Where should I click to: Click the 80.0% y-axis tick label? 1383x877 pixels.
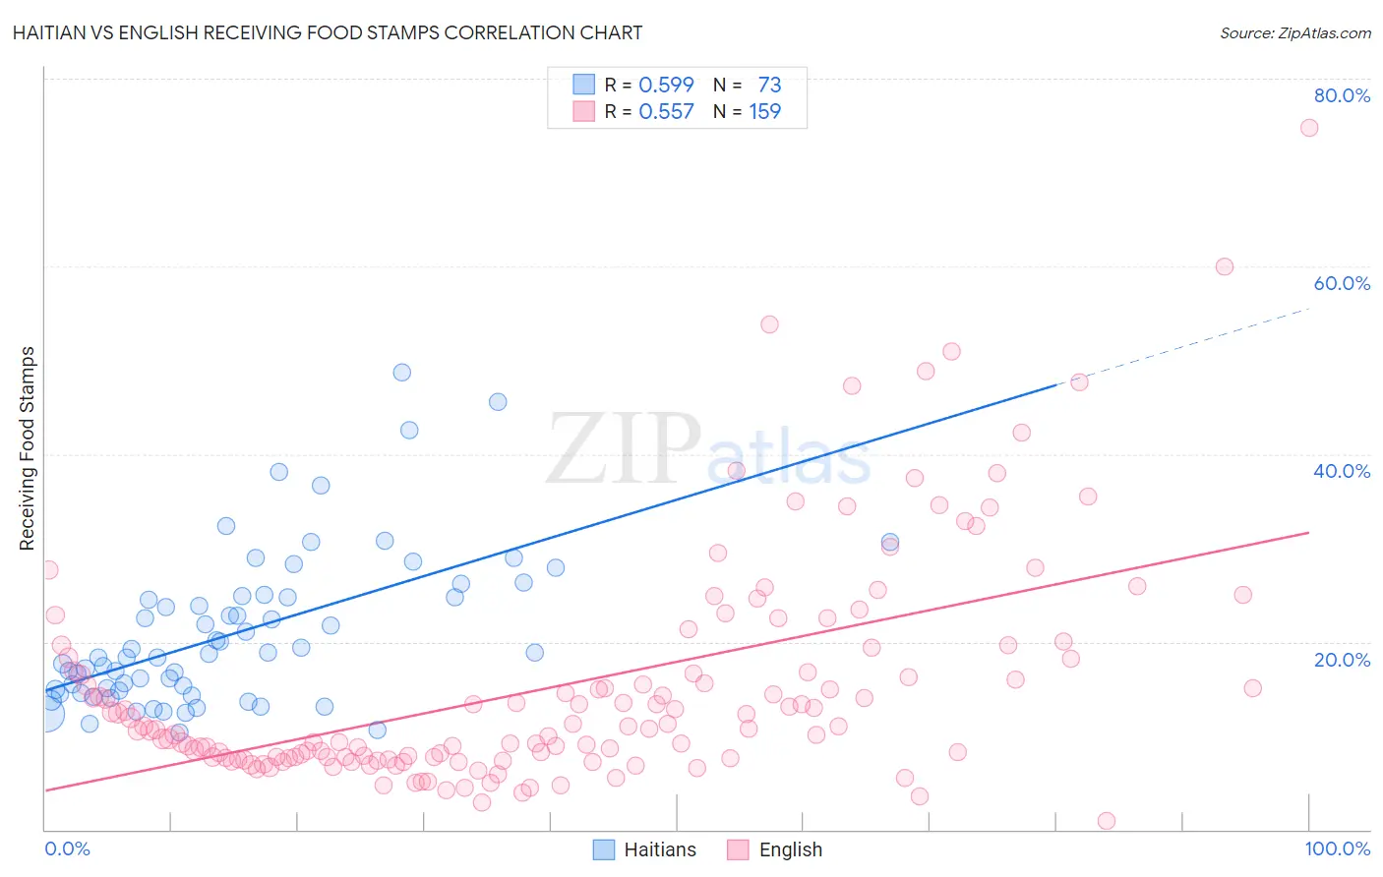tap(1342, 95)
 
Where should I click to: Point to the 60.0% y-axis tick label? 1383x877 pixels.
tap(1342, 283)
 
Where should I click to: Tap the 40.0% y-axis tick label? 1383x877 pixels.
tap(1342, 471)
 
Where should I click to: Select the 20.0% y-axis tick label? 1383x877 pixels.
tap(1342, 660)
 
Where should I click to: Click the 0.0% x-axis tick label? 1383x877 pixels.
tap(67, 848)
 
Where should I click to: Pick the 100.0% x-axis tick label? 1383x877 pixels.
tap(1337, 848)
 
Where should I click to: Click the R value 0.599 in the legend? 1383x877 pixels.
tap(666, 86)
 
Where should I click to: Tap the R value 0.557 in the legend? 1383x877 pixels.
tap(666, 112)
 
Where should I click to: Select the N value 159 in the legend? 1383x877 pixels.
tap(764, 112)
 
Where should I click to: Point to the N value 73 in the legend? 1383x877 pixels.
tap(769, 86)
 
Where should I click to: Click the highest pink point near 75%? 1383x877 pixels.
tap(1309, 128)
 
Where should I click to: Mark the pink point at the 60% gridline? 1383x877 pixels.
tap(1225, 266)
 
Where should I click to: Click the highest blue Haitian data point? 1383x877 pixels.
tap(402, 373)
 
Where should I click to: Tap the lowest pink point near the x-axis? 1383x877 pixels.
tap(1107, 821)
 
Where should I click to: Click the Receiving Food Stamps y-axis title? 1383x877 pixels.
tap(28, 448)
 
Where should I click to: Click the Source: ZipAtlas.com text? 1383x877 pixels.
tap(1294, 33)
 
